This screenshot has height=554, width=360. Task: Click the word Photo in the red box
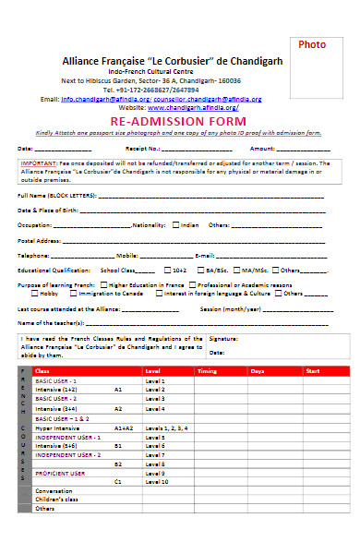[x=312, y=44]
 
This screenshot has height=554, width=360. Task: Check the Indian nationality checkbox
[x=174, y=224]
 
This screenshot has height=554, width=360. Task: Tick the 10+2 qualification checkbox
[x=166, y=270]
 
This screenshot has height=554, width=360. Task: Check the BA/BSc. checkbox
[x=198, y=270]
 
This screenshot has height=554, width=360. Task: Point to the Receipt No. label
[x=143, y=148]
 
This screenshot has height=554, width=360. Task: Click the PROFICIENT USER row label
[x=59, y=472]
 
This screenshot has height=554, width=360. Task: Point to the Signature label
[x=222, y=340]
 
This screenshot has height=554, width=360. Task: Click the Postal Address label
[x=39, y=239]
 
